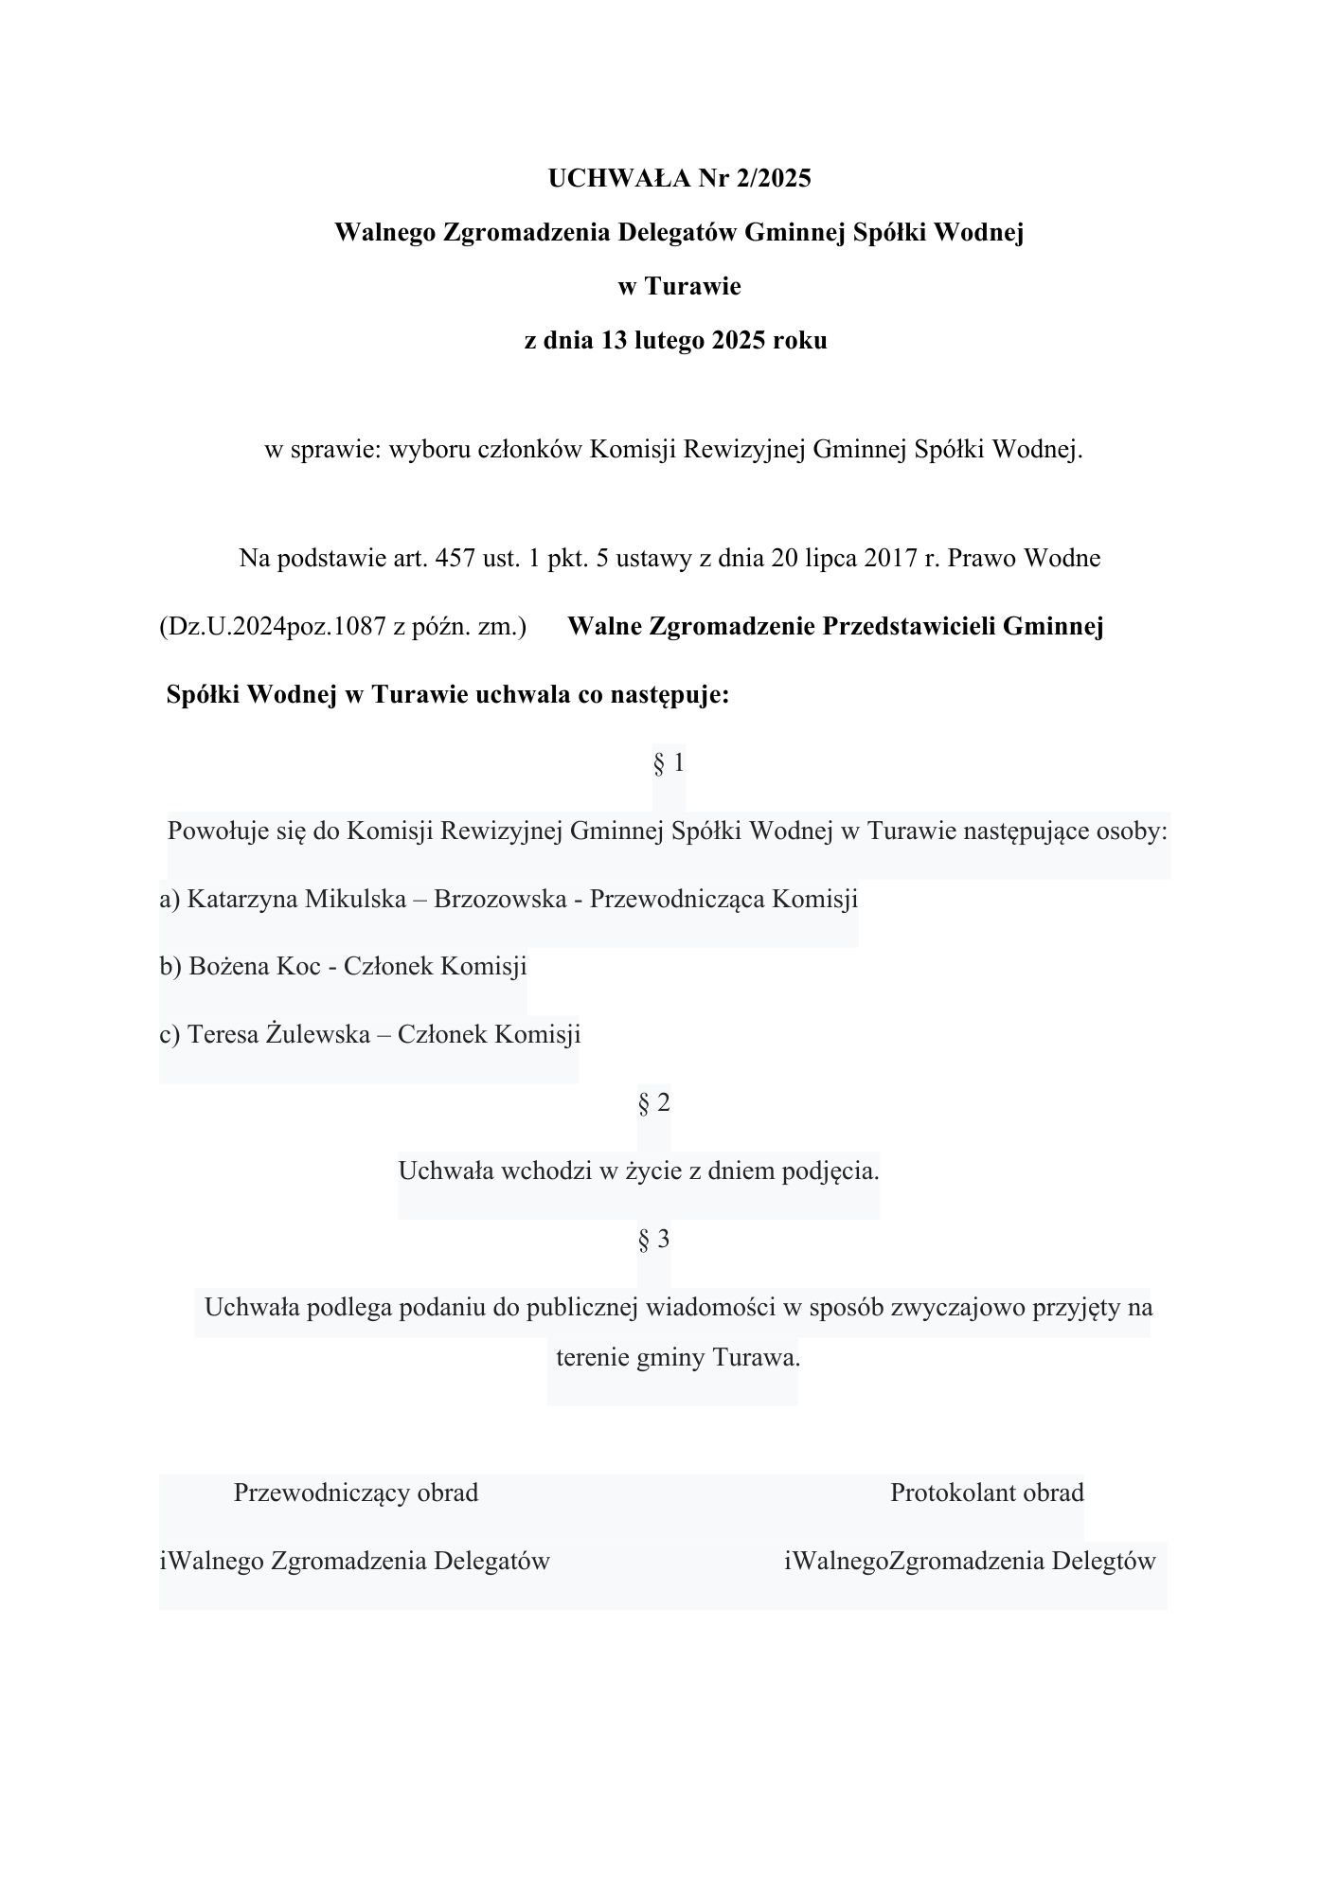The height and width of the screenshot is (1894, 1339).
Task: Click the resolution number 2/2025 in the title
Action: [769, 178]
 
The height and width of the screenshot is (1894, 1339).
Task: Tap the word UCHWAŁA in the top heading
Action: [619, 178]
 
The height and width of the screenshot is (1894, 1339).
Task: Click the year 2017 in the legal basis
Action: [890, 558]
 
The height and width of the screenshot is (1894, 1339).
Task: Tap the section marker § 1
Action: [669, 762]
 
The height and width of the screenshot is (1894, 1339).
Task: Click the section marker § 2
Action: [654, 1102]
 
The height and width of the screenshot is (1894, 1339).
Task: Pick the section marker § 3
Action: [654, 1239]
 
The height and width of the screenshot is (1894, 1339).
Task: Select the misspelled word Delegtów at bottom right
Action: [1103, 1561]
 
